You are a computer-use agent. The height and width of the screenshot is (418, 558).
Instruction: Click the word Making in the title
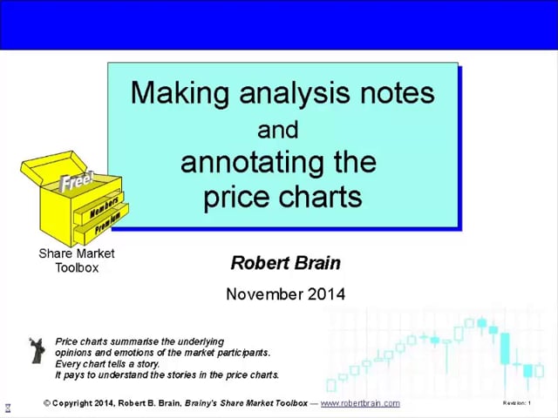coord(173,93)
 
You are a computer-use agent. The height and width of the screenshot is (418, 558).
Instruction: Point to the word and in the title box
coord(278,130)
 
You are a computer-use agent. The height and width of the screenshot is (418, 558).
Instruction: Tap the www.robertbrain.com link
coord(360,403)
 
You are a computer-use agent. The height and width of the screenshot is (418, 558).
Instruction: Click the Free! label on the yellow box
coord(77,184)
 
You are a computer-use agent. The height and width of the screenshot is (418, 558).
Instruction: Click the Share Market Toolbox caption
coord(77,260)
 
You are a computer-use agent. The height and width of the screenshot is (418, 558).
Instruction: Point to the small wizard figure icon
coord(37,350)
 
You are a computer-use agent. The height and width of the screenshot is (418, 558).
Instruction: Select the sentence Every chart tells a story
coord(111,364)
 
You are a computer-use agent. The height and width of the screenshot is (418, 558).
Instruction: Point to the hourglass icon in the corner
coord(8,408)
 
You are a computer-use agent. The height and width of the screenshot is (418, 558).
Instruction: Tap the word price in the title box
coord(235,197)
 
